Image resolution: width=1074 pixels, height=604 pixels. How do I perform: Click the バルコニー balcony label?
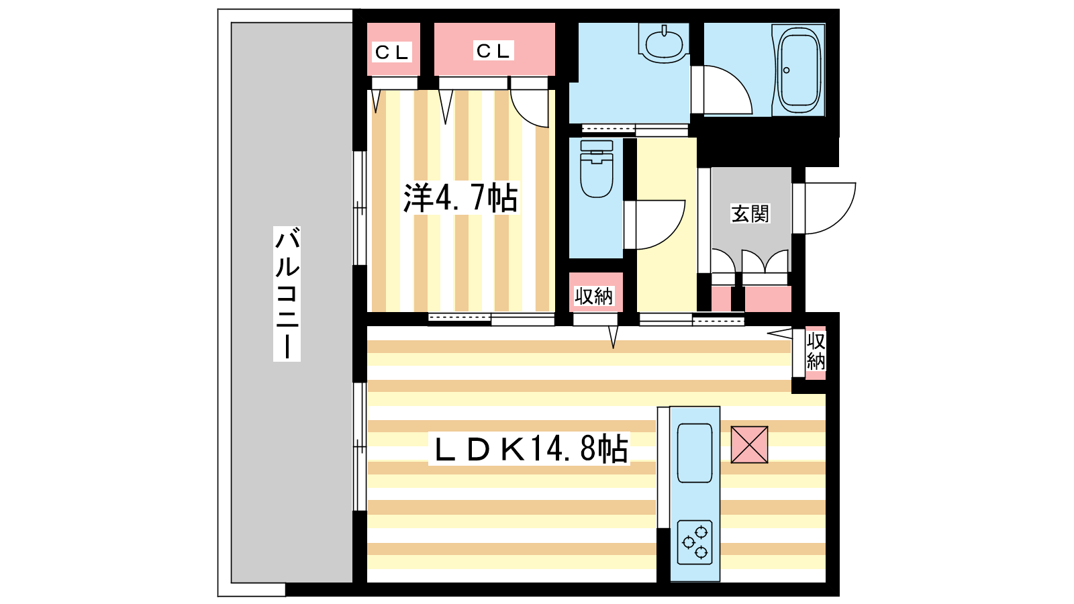point(287,293)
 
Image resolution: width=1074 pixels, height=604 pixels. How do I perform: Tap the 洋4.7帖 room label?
point(460,197)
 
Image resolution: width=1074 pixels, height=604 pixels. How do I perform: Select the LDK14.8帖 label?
point(530,448)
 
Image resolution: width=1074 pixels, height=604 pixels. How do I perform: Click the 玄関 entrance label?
point(750,213)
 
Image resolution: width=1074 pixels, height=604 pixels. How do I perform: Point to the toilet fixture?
point(597,168)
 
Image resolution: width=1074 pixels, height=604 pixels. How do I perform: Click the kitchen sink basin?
point(695,453)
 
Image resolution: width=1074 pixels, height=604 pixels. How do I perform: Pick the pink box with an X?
point(749,445)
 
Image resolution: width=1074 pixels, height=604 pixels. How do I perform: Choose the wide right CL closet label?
point(493,50)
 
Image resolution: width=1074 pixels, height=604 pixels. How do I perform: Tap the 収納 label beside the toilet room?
point(594,297)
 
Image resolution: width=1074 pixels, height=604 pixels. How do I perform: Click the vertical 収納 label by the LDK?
point(816,352)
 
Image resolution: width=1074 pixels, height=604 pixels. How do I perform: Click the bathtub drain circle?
point(786,70)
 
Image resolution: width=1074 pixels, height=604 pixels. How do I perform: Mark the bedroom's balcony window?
point(360,208)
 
